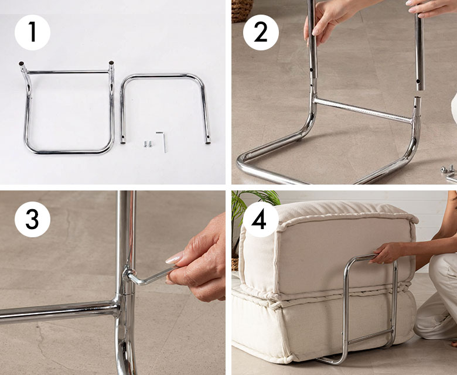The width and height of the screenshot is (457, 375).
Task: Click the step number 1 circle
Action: point(32,32)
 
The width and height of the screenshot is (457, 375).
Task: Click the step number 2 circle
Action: point(261,32)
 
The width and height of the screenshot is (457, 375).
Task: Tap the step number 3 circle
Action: point(32,219)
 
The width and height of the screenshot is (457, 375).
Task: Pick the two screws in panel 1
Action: point(148,144)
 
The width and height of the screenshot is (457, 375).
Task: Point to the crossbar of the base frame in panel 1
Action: point(68,72)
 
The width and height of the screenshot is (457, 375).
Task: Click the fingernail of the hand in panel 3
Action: point(174,258)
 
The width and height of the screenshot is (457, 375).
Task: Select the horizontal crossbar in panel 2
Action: point(363,110)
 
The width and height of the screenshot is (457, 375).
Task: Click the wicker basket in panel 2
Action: point(242,11)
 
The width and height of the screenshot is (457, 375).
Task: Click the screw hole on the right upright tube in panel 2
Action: point(418,81)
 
